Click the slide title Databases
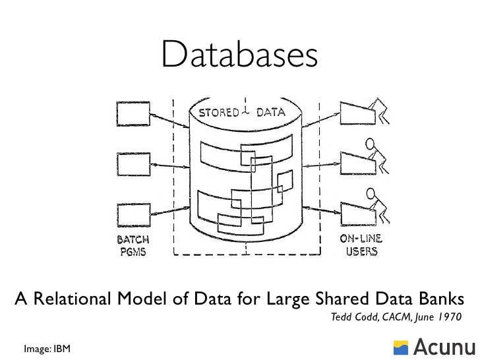click(239, 56)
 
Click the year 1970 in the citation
click(447, 317)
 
